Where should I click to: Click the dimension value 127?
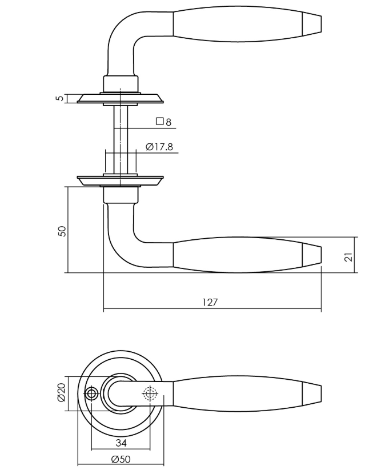point(210,303)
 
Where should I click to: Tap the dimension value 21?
point(348,255)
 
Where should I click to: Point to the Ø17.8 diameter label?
point(159,147)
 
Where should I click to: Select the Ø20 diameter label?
point(62,392)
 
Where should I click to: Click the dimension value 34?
point(121,443)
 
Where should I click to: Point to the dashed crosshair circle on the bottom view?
point(150,393)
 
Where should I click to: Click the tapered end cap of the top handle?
point(311,25)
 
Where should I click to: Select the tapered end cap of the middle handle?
point(311,255)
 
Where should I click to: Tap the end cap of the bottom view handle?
point(311,393)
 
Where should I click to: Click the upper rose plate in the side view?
point(121,99)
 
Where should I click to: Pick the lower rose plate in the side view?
point(121,180)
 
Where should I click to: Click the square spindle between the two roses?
point(121,137)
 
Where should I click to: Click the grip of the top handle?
point(237,25)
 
